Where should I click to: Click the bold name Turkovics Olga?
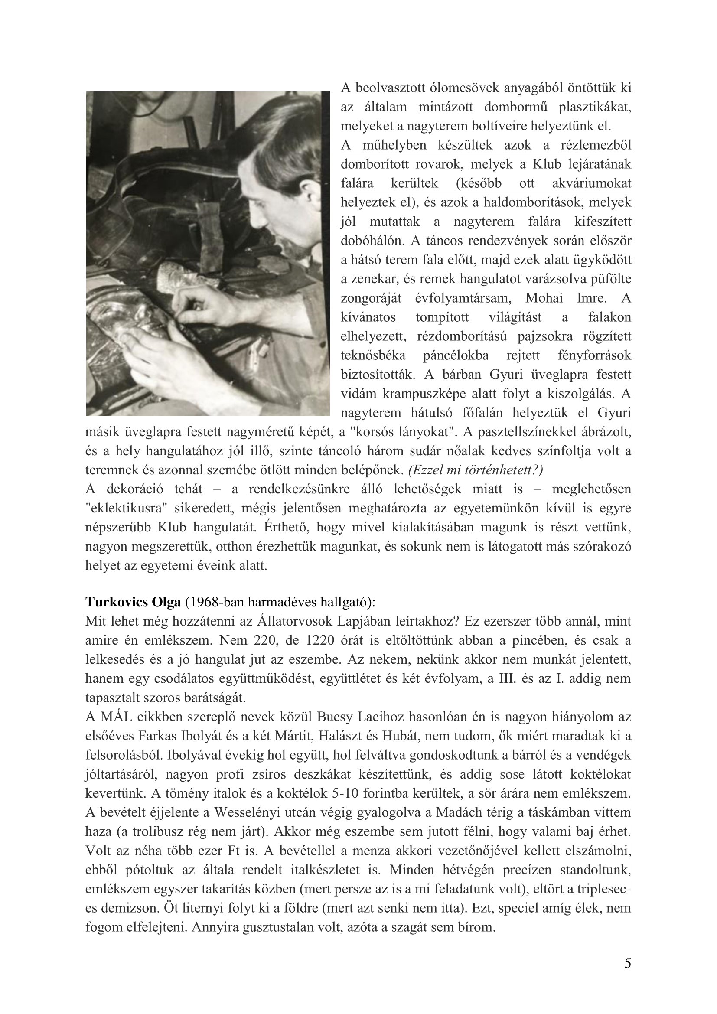(x=133, y=602)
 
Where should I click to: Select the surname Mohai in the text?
(x=544, y=298)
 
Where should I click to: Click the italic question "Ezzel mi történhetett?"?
(x=476, y=470)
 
